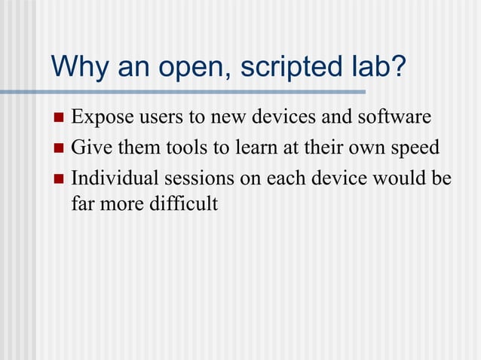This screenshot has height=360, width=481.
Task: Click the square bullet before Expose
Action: click(x=59, y=118)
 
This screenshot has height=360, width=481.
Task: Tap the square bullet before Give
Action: click(x=59, y=148)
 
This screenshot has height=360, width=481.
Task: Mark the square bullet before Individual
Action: click(x=59, y=179)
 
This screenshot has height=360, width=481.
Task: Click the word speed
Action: click(x=416, y=148)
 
